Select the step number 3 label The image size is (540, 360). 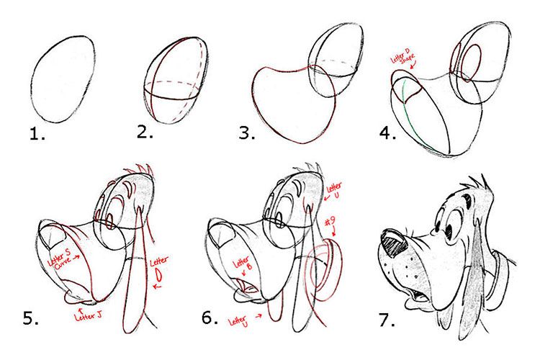(x=246, y=132)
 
